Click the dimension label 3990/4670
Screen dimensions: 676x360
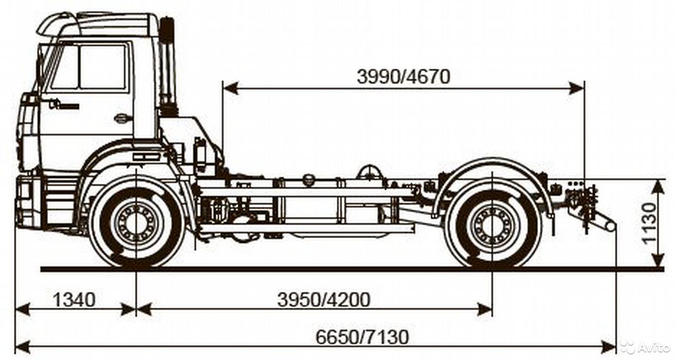click(x=403, y=77)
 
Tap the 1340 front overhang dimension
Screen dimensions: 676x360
click(x=74, y=300)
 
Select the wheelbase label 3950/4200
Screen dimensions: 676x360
click(x=324, y=300)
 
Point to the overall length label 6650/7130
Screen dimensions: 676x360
click(x=362, y=337)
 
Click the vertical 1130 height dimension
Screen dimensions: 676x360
click(x=649, y=223)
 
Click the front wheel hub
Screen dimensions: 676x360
click(x=136, y=223)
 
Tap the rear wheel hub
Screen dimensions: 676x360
click(x=492, y=225)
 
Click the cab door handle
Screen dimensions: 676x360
click(x=124, y=118)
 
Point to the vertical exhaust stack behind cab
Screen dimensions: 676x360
click(x=167, y=67)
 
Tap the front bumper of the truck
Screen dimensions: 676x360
click(x=29, y=202)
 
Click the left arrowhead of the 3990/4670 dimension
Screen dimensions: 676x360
click(x=231, y=89)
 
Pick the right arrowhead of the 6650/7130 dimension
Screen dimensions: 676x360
click(x=607, y=347)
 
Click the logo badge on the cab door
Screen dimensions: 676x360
click(x=64, y=105)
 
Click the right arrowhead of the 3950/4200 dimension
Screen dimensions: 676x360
click(x=484, y=309)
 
